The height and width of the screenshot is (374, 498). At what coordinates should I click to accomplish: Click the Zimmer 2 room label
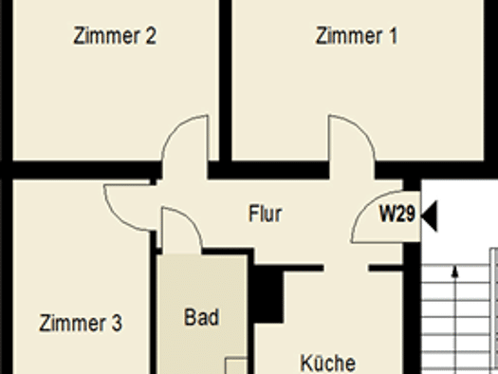click(x=115, y=35)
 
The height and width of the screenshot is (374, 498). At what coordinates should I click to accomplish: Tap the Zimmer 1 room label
click(x=357, y=35)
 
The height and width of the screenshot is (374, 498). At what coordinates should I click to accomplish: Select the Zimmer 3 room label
click(x=81, y=323)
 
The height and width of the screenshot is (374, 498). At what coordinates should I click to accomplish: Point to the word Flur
click(x=266, y=214)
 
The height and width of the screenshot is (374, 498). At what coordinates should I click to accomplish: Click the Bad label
click(x=202, y=317)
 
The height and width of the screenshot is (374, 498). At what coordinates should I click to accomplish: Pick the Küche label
click(x=328, y=363)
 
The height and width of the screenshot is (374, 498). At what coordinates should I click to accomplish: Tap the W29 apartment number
click(x=397, y=214)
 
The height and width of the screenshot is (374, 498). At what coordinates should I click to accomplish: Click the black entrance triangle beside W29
click(x=430, y=215)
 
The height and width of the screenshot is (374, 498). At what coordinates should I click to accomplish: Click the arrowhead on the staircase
click(x=455, y=271)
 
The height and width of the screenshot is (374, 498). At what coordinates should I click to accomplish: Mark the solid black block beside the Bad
click(x=268, y=294)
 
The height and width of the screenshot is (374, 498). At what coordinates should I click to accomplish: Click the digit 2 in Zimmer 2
click(x=151, y=35)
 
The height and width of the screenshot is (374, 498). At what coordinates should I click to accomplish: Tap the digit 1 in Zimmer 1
click(x=394, y=35)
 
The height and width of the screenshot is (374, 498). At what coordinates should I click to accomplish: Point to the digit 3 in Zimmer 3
click(x=117, y=323)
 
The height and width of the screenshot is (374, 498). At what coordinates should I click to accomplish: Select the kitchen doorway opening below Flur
click(x=346, y=268)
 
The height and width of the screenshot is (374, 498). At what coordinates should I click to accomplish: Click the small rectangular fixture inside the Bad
click(x=236, y=365)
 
